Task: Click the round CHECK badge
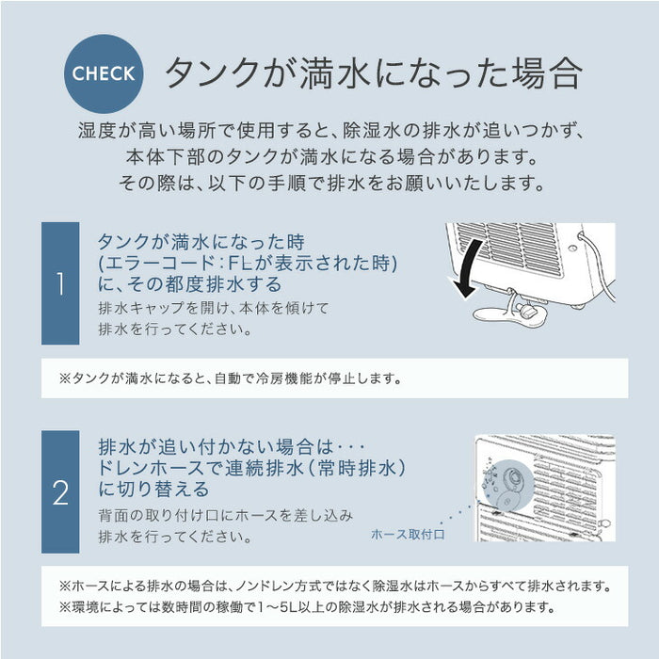(x=104, y=73)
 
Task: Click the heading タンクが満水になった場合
(x=373, y=74)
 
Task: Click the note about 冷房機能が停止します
(x=231, y=379)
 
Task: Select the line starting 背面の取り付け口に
(x=225, y=516)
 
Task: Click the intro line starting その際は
(x=329, y=182)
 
